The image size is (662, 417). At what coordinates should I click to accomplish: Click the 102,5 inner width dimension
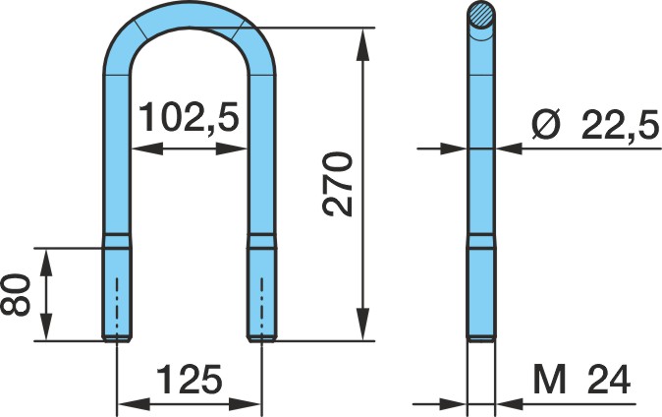pyautogui.click(x=189, y=117)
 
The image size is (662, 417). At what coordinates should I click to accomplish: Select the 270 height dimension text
pyautogui.click(x=337, y=184)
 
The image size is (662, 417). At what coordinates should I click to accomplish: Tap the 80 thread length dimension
pyautogui.click(x=16, y=295)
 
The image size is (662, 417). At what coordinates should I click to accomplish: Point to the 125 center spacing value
pyautogui.click(x=190, y=379)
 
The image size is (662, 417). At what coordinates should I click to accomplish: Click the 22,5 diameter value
pyautogui.click(x=620, y=124)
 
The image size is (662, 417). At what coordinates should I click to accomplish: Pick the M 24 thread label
pyautogui.click(x=581, y=380)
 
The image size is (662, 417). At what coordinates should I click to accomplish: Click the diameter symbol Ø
pyautogui.click(x=546, y=124)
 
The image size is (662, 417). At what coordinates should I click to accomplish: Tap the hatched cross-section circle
pyautogui.click(x=481, y=15)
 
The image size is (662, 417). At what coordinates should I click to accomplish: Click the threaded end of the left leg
pyautogui.click(x=117, y=293)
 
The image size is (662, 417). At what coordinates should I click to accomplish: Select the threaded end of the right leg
pyautogui.click(x=262, y=293)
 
